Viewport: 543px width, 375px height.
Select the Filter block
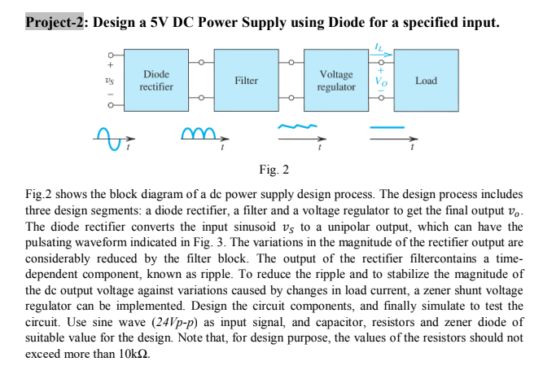(x=246, y=81)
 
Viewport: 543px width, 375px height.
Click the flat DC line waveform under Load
(x=388, y=128)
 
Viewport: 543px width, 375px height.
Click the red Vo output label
(x=379, y=80)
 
